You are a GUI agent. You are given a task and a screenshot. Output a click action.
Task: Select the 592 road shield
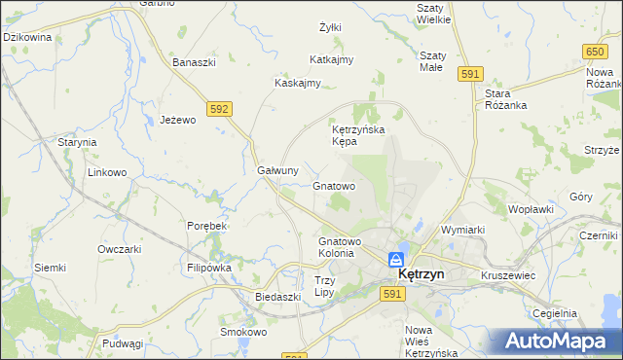[x=219, y=109]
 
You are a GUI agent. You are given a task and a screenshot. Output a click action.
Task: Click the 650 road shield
[x=596, y=51]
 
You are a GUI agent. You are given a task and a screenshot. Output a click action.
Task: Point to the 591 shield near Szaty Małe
[x=471, y=74]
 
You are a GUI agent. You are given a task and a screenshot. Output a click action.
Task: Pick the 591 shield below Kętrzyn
[x=392, y=294]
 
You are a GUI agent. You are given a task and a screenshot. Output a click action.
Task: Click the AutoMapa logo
[x=556, y=341]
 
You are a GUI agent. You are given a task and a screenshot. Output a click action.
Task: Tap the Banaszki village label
[x=193, y=62]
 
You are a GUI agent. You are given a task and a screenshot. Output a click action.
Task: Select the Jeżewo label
[x=178, y=120]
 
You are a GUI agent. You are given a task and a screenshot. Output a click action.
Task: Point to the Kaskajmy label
[x=298, y=83]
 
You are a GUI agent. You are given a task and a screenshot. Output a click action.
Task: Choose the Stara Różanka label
[x=505, y=100]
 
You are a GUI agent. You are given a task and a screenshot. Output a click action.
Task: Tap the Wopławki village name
[x=531, y=208]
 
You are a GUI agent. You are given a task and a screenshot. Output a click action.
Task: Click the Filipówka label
[x=208, y=267]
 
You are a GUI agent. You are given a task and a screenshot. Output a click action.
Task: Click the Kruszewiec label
[x=508, y=275]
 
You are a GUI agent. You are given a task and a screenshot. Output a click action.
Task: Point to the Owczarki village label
[x=120, y=248]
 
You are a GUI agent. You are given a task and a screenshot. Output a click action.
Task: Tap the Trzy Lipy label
[x=324, y=286]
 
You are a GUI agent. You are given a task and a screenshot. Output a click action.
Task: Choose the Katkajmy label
[x=331, y=59]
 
